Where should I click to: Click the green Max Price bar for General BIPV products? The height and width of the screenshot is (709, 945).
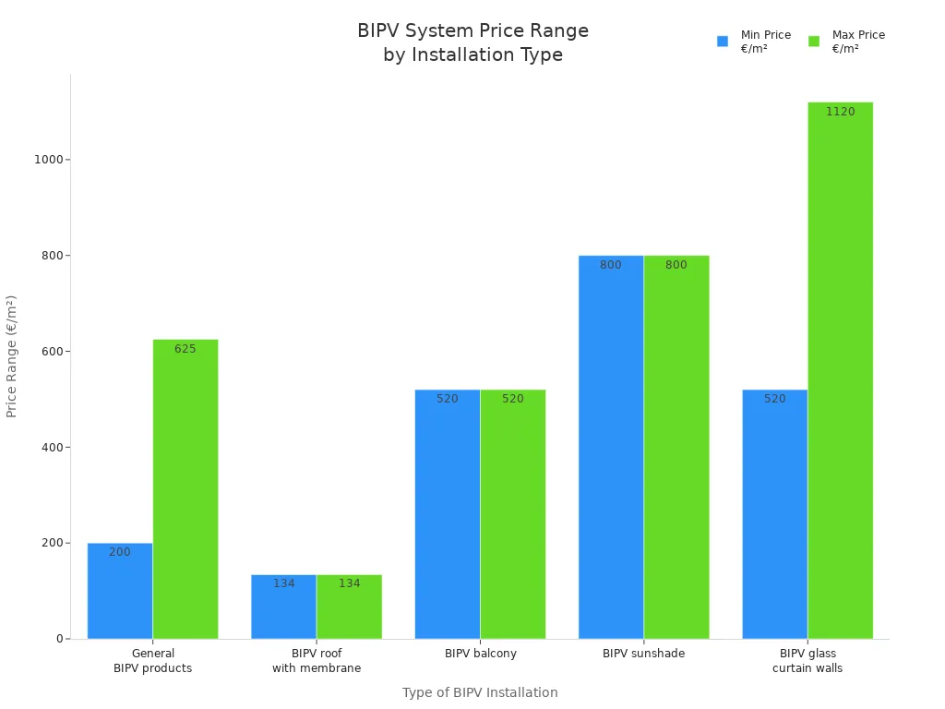(x=185, y=489)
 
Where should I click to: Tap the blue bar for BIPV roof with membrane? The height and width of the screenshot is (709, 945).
(x=283, y=609)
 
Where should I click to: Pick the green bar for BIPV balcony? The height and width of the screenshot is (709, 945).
(x=512, y=517)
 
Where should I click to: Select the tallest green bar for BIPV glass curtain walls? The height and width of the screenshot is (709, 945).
(x=840, y=369)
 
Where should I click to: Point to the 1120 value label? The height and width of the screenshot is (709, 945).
(x=840, y=112)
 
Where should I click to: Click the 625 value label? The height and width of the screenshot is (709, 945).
(x=185, y=349)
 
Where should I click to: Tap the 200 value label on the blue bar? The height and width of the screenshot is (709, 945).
(x=120, y=552)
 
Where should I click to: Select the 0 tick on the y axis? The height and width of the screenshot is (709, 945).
(x=59, y=639)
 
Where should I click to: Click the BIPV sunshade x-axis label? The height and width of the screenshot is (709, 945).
(x=643, y=654)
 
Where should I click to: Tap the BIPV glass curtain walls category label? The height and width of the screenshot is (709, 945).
(x=807, y=661)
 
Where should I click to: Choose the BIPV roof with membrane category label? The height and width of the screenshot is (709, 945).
(x=317, y=661)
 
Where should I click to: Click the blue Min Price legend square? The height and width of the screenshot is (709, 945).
(x=723, y=42)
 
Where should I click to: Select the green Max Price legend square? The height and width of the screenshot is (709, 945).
(x=814, y=42)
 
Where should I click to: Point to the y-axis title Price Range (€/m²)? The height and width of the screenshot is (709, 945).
(x=12, y=356)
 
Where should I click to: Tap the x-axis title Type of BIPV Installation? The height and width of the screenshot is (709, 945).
(x=480, y=692)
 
